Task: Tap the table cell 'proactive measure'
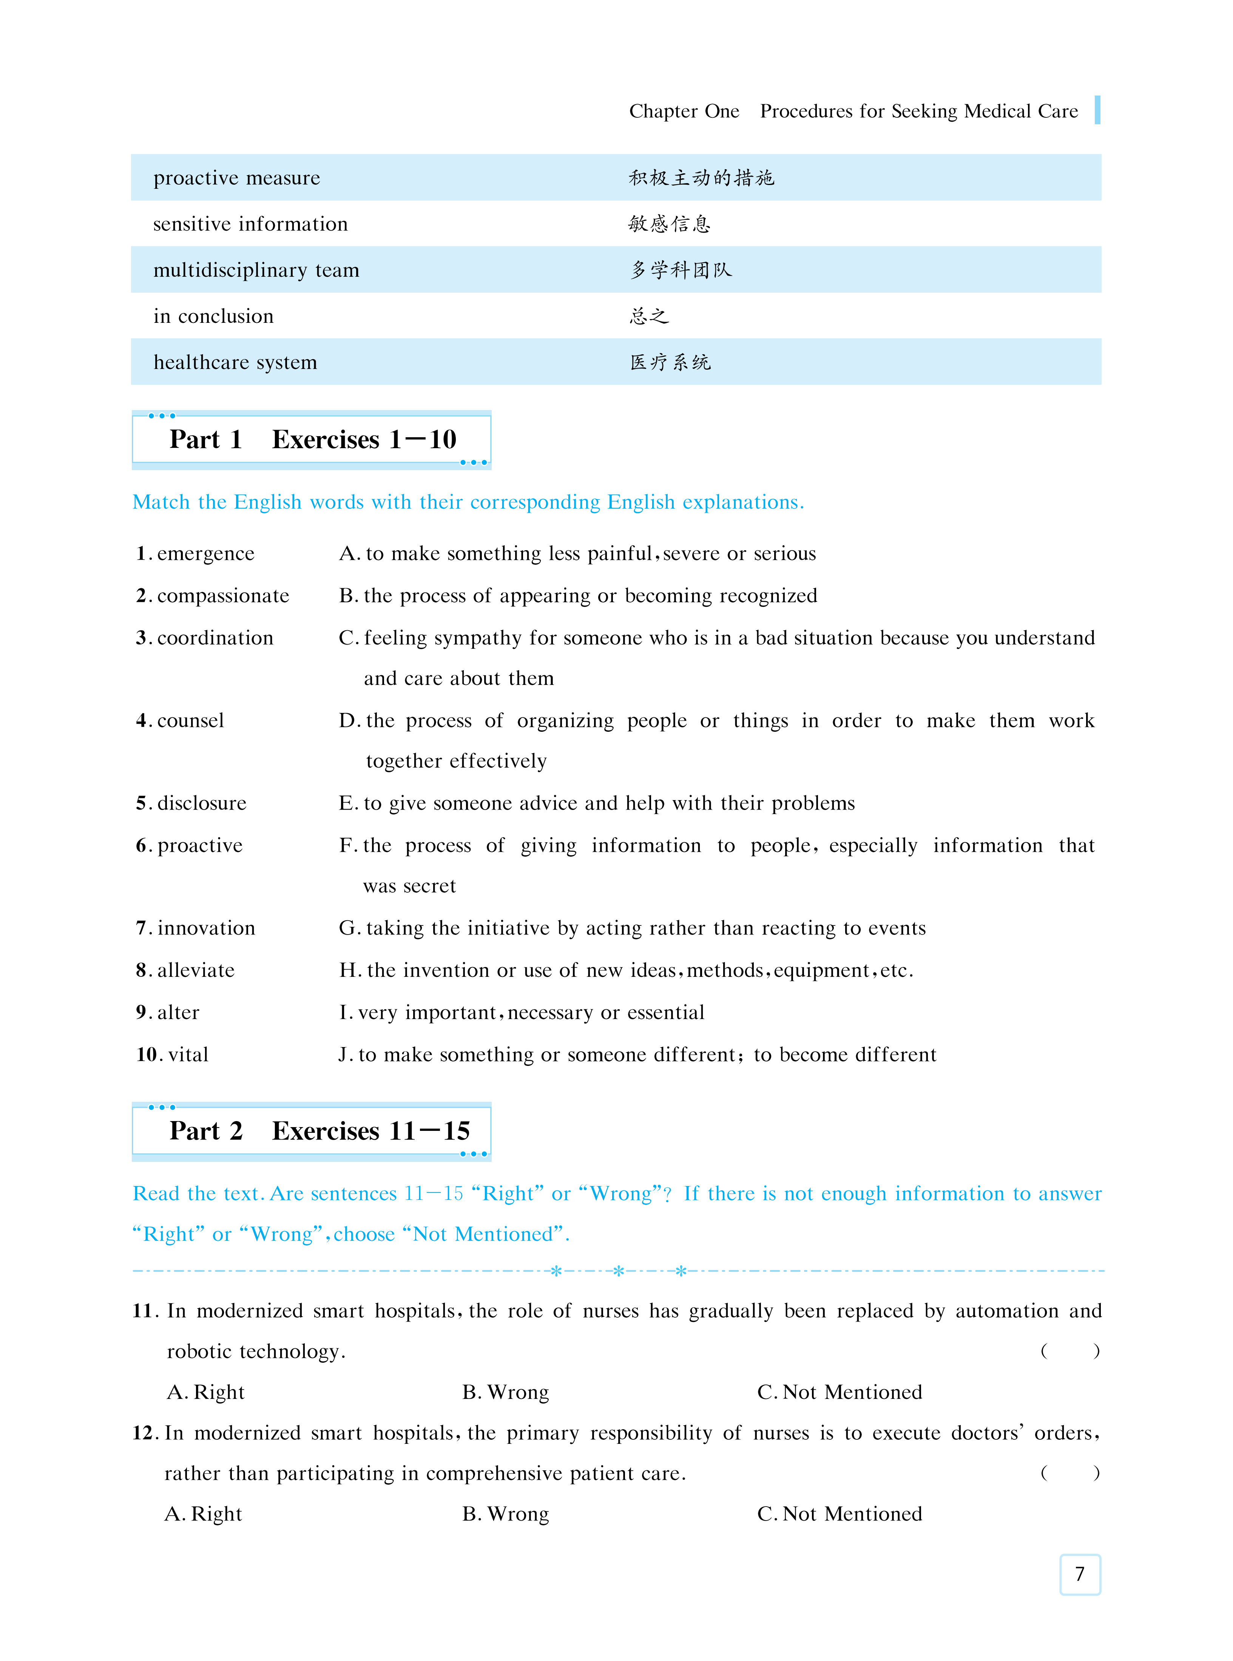pyautogui.click(x=237, y=177)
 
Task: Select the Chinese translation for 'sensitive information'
pyautogui.click(x=670, y=224)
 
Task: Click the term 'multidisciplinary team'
pyautogui.click(x=256, y=270)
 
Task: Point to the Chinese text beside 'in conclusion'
pyautogui.click(x=648, y=316)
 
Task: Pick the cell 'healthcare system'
pyautogui.click(x=235, y=362)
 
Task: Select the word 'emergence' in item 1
pyautogui.click(x=205, y=554)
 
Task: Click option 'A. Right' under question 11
pyautogui.click(x=206, y=1393)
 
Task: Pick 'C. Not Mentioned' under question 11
pyautogui.click(x=839, y=1393)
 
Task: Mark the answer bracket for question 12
pyautogui.click(x=1069, y=1473)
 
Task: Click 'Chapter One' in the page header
pyautogui.click(x=684, y=111)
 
